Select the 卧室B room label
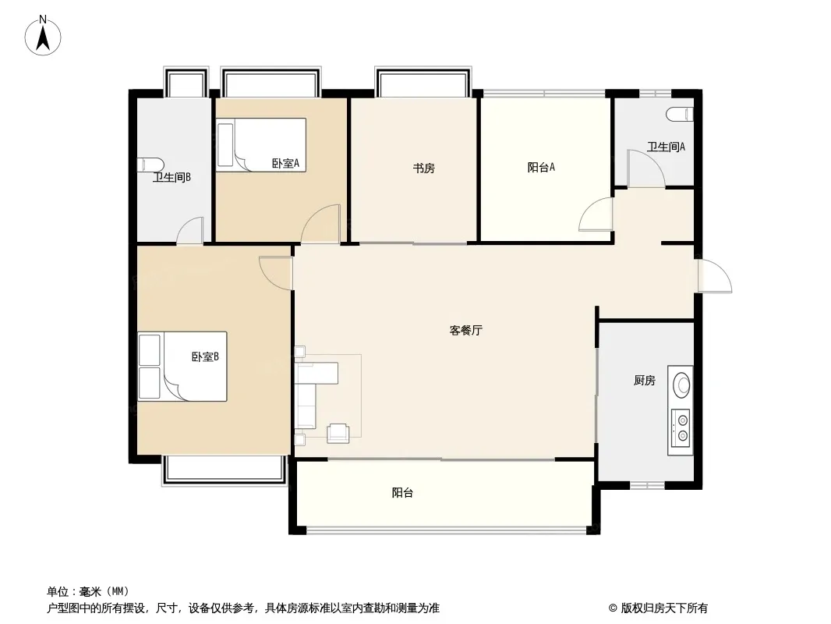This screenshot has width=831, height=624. click(205, 356)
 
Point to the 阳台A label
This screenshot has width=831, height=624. click(541, 166)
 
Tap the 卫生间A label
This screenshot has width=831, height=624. click(666, 146)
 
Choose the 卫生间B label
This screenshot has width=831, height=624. click(172, 177)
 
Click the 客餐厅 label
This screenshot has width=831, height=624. click(465, 330)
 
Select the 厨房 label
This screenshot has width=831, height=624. click(644, 381)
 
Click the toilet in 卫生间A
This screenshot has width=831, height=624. click(680, 115)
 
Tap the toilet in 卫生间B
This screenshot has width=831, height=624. click(150, 165)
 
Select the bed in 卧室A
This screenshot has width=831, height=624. click(261, 144)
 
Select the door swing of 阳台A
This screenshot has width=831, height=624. click(596, 215)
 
